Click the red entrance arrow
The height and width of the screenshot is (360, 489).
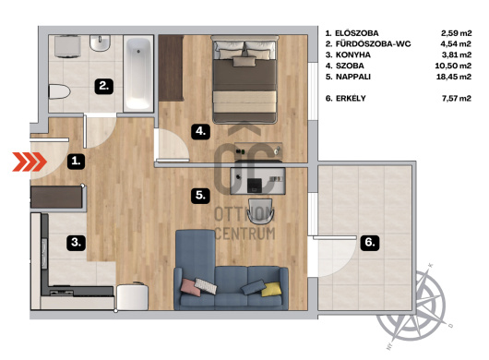coord(30,162)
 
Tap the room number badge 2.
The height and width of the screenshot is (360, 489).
coord(104,86)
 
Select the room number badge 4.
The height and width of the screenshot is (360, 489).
coord(200,131)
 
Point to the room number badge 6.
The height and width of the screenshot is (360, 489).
coord(370,242)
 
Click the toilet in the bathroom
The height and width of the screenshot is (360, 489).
coord(59,91)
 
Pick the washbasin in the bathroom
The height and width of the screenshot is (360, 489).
coord(101,43)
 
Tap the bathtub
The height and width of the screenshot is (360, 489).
coord(138,73)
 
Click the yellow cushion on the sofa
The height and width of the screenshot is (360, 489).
coord(271,290)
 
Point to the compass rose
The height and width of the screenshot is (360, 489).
coord(411,306)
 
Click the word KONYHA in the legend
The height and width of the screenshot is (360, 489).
coord(353,54)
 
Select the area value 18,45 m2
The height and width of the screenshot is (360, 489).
coord(453,77)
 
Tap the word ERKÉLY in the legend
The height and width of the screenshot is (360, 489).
coord(351,98)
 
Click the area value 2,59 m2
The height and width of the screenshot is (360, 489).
coord(456,33)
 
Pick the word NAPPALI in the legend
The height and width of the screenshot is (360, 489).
coord(353,77)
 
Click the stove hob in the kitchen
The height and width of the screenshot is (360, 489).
coord(62,293)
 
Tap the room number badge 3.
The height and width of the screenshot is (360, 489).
coord(76,242)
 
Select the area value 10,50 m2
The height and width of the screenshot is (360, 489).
coord(453,66)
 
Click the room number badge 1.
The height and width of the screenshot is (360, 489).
coord(76,161)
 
